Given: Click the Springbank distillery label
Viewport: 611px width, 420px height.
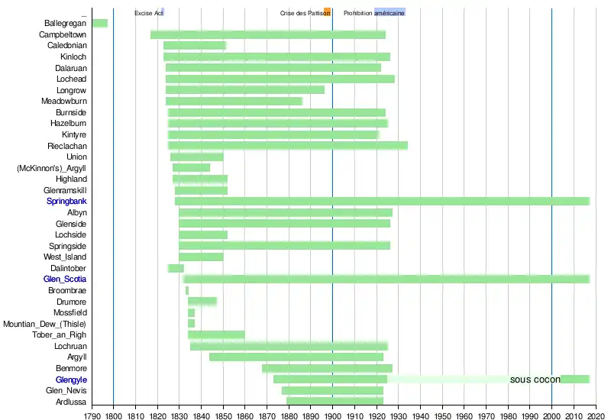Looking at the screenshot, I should pyautogui.click(x=66, y=202).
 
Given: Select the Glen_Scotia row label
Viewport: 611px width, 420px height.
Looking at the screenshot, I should pyautogui.click(x=65, y=279).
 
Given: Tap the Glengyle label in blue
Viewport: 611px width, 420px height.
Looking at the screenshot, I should pyautogui.click(x=71, y=380).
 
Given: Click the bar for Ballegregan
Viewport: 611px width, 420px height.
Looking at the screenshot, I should pyautogui.click(x=99, y=23).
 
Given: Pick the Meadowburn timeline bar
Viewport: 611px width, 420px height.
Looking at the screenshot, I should pyautogui.click(x=234, y=102).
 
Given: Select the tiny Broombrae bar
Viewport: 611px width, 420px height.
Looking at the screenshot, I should pyautogui.click(x=186, y=290).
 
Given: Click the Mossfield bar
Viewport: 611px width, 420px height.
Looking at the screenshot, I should pyautogui.click(x=191, y=313).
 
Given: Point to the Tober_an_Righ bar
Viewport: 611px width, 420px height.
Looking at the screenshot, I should pyautogui.click(x=216, y=334).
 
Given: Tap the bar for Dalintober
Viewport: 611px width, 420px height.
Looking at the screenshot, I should pyautogui.click(x=176, y=268).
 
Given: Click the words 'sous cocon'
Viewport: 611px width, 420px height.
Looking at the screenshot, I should pyautogui.click(x=535, y=380).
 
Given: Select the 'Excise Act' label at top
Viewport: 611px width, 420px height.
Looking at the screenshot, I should pyautogui.click(x=148, y=14).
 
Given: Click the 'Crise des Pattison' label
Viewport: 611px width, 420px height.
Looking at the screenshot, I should pyautogui.click(x=305, y=14).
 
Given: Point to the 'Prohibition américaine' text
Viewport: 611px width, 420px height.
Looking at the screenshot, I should pyautogui.click(x=373, y=14).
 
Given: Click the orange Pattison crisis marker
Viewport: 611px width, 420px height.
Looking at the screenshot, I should pyautogui.click(x=327, y=11).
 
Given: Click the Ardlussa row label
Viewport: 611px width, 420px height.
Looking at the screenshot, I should pyautogui.click(x=71, y=402).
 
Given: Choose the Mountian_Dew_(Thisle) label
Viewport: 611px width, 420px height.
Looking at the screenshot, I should pyautogui.click(x=45, y=324).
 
